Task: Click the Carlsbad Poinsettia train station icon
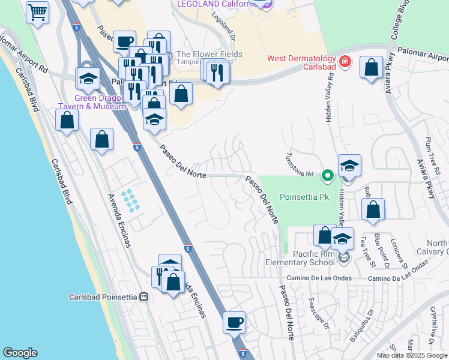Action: tap(143, 297)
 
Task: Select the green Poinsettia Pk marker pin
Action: tap(327, 176)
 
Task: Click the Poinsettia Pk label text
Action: tap(303, 197)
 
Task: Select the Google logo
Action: tap(20, 353)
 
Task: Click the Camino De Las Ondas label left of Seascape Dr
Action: tap(316, 278)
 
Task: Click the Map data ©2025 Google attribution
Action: tap(412, 355)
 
